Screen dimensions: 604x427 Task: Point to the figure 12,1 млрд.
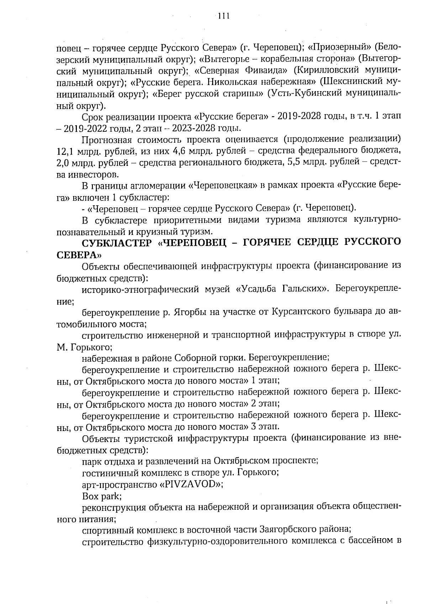pos(77,151)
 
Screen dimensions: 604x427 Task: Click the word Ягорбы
pos(190,313)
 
